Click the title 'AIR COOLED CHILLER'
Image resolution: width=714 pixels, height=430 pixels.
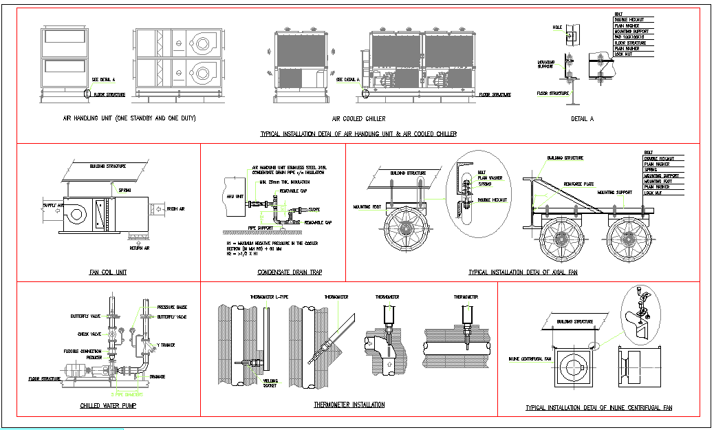click(x=358, y=118)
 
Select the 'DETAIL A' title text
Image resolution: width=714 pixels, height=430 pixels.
click(x=582, y=118)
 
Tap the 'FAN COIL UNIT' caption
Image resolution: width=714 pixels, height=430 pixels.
click(x=107, y=272)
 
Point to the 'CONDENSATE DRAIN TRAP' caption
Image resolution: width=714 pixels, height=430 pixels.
click(x=290, y=272)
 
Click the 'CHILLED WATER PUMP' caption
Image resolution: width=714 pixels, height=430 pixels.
click(x=107, y=406)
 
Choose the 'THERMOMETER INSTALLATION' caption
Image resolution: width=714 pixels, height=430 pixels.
click(x=349, y=405)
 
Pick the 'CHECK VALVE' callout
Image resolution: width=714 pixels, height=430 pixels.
click(x=91, y=334)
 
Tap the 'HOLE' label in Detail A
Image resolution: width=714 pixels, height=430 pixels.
click(x=557, y=28)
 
